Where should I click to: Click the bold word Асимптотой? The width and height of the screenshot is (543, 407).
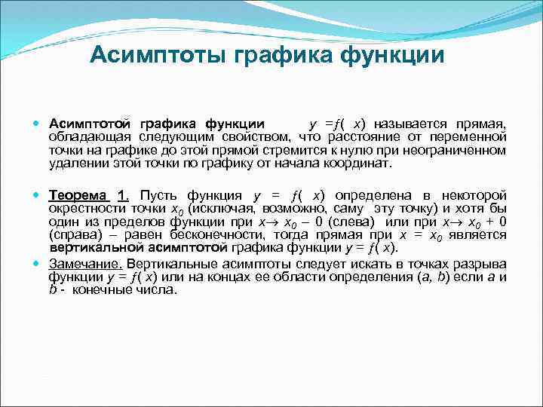[90, 124]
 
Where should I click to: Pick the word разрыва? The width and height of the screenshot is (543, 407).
[481, 264]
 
